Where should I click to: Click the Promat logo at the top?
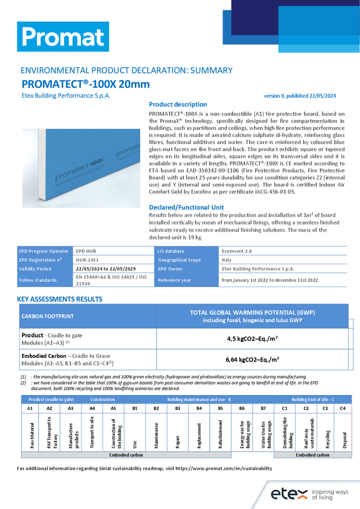[x=63, y=37]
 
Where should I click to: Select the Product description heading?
[x=178, y=104]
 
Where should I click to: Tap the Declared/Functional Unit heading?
[x=186, y=207]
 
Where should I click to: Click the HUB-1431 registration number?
[x=87, y=260]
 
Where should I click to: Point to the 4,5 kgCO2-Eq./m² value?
[x=252, y=338]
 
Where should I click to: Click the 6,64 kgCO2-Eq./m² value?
[x=252, y=359]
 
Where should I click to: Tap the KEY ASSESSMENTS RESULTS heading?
[x=60, y=299]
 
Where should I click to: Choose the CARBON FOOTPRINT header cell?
[x=47, y=316]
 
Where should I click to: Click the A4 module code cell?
[x=92, y=409]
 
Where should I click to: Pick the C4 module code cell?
[x=343, y=409]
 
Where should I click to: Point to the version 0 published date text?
[x=299, y=96]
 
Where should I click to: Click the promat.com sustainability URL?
[x=216, y=468]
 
